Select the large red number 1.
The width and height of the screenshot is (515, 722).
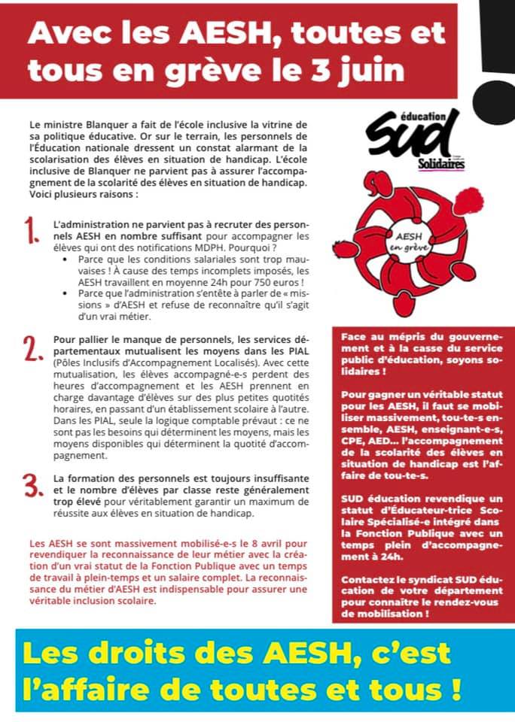pos(32,230)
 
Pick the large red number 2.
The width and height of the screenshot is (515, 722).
pos(32,347)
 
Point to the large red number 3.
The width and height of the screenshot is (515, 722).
pos(32,484)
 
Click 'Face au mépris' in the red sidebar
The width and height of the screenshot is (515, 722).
pos(379,338)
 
